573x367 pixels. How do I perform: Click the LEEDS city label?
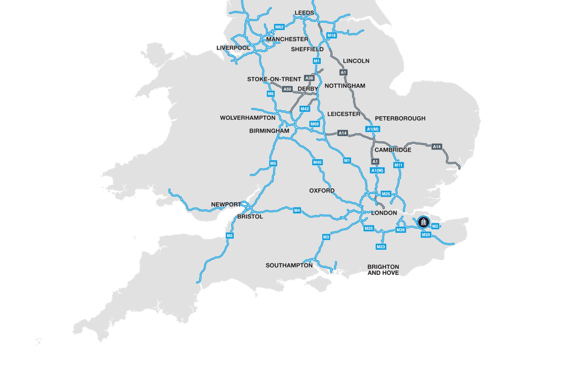(x=305, y=13)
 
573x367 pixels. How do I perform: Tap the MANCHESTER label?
(x=287, y=39)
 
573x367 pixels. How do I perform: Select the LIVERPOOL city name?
(x=233, y=48)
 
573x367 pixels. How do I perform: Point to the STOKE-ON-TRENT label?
(x=274, y=80)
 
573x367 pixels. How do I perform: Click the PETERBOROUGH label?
(x=400, y=119)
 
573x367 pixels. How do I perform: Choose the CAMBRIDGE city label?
(x=393, y=150)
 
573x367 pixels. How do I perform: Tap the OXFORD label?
(x=322, y=190)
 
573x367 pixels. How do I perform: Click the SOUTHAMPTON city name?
(x=289, y=266)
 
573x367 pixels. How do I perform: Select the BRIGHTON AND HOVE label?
(x=383, y=270)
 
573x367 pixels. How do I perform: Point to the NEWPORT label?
(x=226, y=205)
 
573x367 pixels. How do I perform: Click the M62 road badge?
(x=279, y=27)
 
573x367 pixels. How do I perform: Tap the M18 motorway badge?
(x=332, y=36)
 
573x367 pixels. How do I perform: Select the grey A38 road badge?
(x=309, y=78)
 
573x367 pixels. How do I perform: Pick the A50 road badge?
(x=287, y=89)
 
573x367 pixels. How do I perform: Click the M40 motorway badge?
(x=317, y=162)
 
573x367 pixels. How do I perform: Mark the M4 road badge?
(x=297, y=211)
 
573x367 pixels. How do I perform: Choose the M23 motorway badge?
(x=381, y=247)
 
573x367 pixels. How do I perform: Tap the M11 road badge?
(x=398, y=165)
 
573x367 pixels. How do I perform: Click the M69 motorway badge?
(x=315, y=124)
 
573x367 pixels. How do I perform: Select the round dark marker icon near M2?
(x=423, y=222)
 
